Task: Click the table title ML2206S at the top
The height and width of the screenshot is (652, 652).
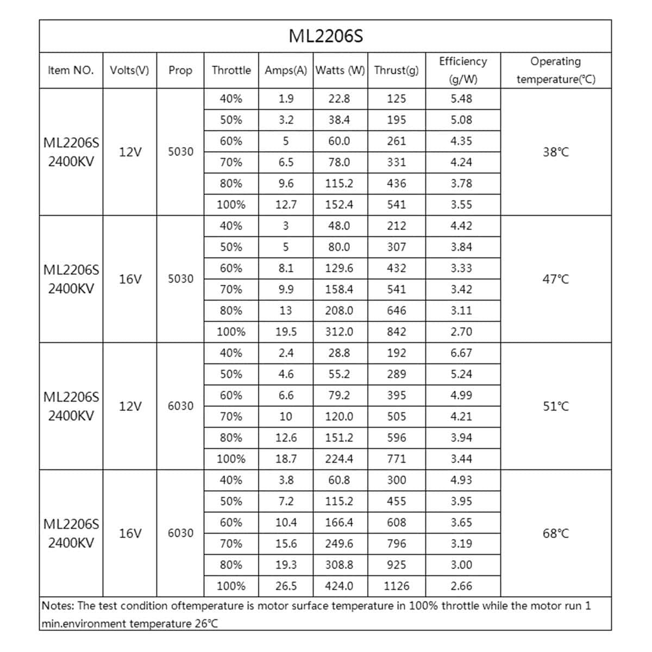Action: coord(325,36)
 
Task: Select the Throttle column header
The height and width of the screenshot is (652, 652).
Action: coord(231,70)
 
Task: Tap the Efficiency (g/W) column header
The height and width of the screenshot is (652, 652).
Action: coord(463,70)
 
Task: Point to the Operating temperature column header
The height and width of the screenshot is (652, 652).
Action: coord(556,70)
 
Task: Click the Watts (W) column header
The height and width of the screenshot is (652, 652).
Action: coord(340,70)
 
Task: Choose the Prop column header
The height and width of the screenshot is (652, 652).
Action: coord(180,70)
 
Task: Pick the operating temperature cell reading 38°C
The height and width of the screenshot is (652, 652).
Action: coord(556,152)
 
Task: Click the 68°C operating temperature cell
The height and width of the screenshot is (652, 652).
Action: coord(556,534)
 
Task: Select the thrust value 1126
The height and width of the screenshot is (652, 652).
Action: coord(397,586)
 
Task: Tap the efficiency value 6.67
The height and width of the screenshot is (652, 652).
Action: coord(461,353)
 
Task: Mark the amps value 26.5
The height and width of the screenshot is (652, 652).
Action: coord(286,586)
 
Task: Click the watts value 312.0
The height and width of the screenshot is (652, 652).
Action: coord(339,331)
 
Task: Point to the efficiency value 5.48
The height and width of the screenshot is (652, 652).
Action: coord(461,98)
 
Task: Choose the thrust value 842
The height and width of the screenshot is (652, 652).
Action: coord(397,331)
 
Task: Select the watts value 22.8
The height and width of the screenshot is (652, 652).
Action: coord(339,98)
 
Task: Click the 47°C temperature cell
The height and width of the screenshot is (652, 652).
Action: coord(556,279)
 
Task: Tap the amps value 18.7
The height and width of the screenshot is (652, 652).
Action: coord(286,459)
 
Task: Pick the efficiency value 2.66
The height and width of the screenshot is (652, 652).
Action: coord(461,586)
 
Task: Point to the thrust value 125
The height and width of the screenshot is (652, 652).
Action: coord(397,98)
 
